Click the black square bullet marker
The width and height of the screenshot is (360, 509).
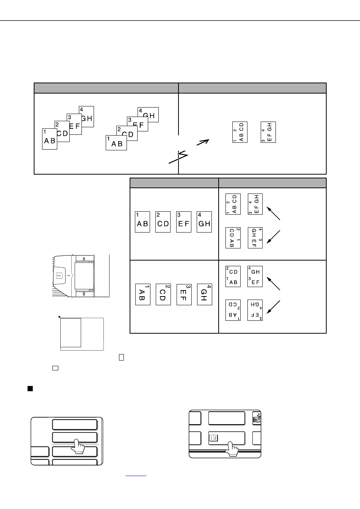pos(30,389)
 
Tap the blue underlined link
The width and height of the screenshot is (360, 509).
pos(136,476)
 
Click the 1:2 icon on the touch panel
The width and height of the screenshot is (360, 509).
pos(213,438)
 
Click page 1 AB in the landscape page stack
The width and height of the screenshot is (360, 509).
pos(116,143)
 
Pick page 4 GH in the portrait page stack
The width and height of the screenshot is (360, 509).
pos(86,116)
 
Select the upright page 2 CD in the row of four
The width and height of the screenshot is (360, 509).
pos(163,222)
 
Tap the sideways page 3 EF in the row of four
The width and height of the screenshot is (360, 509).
pos(184,295)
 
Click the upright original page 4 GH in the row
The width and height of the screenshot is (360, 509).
pos(204,222)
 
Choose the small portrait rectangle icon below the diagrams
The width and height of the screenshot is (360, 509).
pos(121,358)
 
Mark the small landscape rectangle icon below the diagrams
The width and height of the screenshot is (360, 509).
pos(55,368)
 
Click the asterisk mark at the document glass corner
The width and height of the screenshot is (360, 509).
pos(59,317)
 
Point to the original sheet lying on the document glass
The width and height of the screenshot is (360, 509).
pos(70,333)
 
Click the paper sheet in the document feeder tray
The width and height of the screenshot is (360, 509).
pos(84,276)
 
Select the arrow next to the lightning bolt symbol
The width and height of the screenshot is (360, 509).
pos(203,142)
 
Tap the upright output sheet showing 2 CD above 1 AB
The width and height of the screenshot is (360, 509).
pos(233,276)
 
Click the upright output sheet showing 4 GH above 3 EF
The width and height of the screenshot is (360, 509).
pos(255,276)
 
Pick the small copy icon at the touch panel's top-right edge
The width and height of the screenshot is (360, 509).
pos(257,418)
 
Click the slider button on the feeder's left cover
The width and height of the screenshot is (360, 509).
pos(59,276)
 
